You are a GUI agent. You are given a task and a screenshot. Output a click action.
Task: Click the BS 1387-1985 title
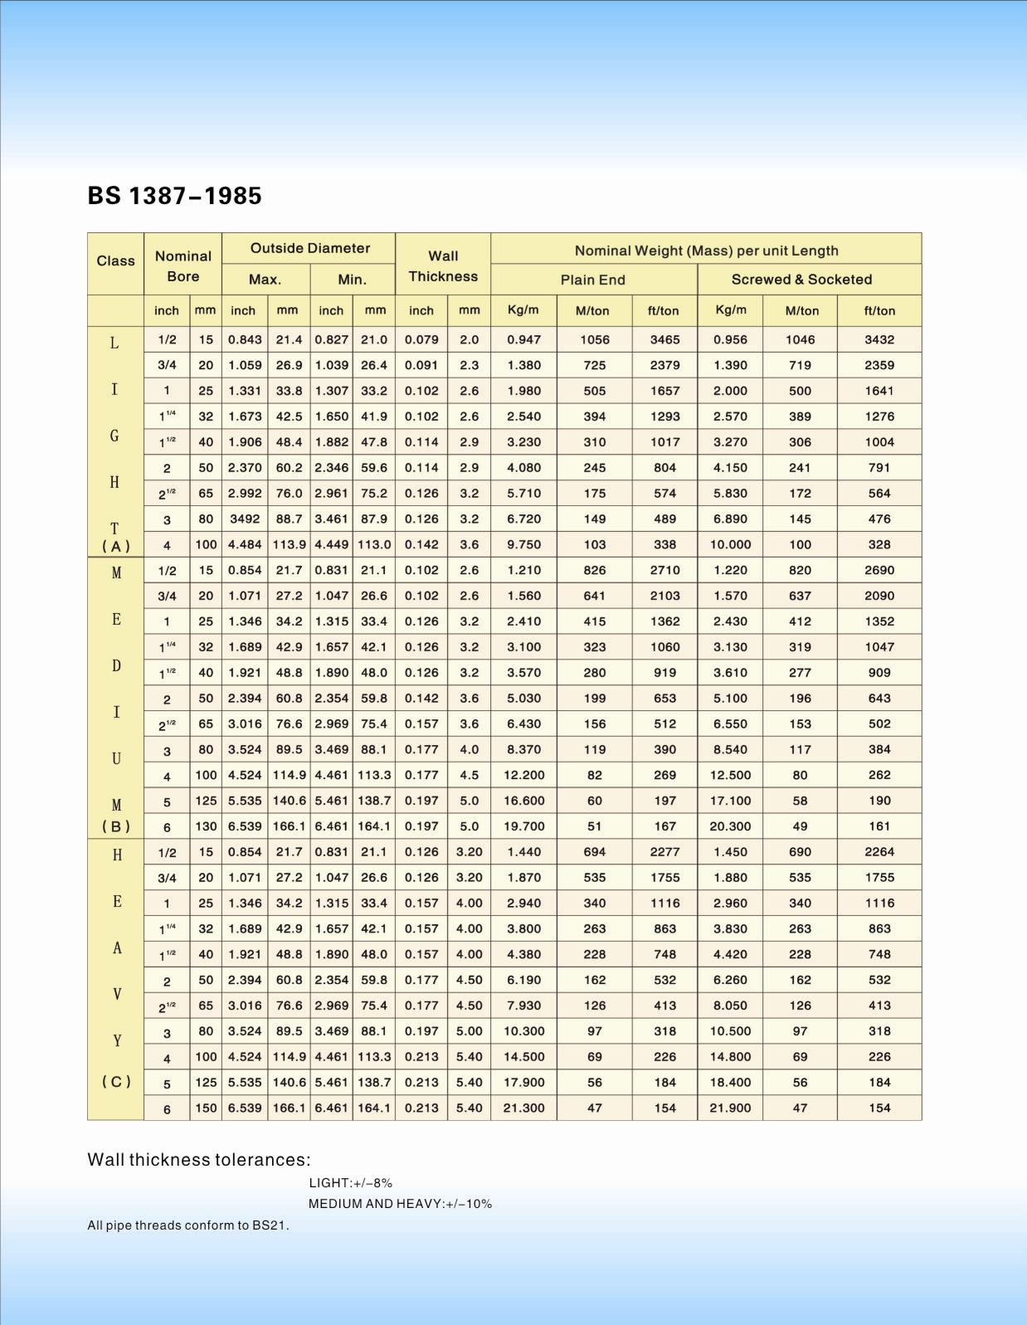coord(174,196)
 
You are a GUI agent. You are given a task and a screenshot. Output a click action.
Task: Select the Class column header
coord(115,261)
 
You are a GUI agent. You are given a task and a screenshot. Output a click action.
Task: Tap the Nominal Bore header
coord(183,265)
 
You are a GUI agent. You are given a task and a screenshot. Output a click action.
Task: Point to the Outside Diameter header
coord(309,248)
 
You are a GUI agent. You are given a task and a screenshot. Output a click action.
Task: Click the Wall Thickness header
coord(442,265)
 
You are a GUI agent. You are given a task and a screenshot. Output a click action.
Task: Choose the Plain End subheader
coord(592,280)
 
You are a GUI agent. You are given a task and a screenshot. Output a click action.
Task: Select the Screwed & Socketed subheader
coord(801,280)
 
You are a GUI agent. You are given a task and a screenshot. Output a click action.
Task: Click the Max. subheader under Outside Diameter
coord(265,280)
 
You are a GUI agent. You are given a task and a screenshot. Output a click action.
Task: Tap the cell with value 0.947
coord(523,339)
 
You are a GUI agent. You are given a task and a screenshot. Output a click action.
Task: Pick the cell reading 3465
coord(664,339)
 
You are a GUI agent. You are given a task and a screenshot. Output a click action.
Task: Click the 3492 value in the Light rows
coord(244,519)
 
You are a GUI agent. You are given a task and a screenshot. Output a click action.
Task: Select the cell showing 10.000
coord(730,544)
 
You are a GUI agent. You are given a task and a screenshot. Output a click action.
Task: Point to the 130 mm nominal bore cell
coord(205,826)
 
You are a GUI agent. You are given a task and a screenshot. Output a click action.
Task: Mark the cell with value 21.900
coord(730,1108)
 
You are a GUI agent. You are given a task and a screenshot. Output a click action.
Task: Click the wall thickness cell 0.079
coord(421,339)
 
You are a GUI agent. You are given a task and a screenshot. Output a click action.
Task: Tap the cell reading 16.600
coord(523,801)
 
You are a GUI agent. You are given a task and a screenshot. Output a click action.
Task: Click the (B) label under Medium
coord(116,826)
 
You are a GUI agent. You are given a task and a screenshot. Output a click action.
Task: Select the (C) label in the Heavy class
coord(116,1082)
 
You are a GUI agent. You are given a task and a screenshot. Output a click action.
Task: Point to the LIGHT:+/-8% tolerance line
coord(350,1183)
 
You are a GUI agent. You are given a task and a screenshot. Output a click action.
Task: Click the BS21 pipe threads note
coord(188,1225)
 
